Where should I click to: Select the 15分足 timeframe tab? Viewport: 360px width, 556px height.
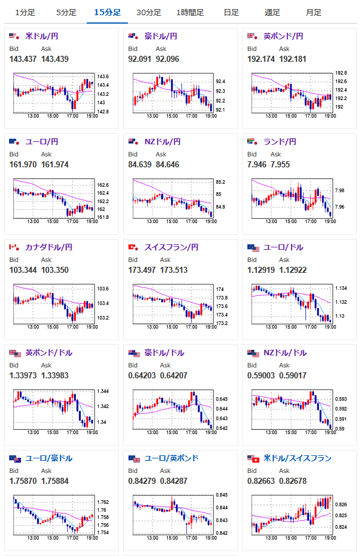point(107,12)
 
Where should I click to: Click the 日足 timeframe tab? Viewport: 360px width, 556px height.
point(231,12)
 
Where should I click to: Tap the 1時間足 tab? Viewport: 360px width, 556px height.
point(190,12)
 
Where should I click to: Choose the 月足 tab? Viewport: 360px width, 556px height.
point(313,12)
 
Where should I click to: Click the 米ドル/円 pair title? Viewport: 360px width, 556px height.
point(42,36)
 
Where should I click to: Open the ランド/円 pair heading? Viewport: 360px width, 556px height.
point(279,142)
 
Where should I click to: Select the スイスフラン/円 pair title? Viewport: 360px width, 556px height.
point(171,247)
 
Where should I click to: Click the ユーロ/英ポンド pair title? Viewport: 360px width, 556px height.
point(171,458)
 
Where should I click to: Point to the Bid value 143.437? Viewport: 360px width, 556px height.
point(22,59)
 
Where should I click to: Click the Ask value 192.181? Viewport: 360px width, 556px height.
point(292,59)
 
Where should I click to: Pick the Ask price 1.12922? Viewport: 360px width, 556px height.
point(293,270)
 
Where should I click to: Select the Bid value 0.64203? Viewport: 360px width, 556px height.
point(142,375)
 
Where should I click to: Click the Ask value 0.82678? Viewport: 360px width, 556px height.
point(293,481)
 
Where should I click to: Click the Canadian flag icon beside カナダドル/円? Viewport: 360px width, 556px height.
point(14,247)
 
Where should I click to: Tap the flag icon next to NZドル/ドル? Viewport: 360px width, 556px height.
point(253,353)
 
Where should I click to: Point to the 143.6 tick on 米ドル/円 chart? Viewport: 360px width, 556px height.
point(103,76)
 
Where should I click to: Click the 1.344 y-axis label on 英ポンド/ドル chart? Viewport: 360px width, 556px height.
point(103,392)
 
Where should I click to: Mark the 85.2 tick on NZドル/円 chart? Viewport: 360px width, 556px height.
point(221,183)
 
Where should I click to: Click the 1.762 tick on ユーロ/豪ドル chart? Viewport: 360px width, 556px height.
point(103,502)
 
